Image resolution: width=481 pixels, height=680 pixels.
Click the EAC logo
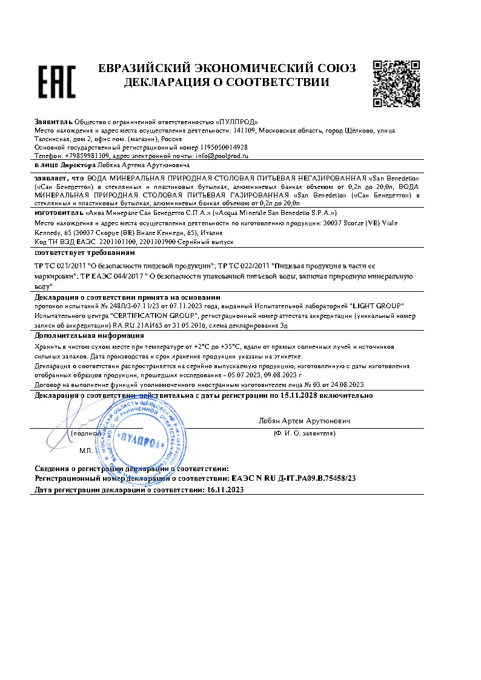[x=57, y=82]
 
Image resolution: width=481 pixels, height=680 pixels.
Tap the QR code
[x=396, y=83]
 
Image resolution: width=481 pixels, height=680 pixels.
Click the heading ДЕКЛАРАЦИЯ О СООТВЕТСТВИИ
[x=227, y=82]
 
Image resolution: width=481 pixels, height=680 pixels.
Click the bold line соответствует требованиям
[x=85, y=252]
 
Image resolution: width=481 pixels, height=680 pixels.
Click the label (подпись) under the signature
[x=85, y=433]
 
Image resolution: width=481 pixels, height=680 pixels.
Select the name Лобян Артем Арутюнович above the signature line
[x=304, y=420]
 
